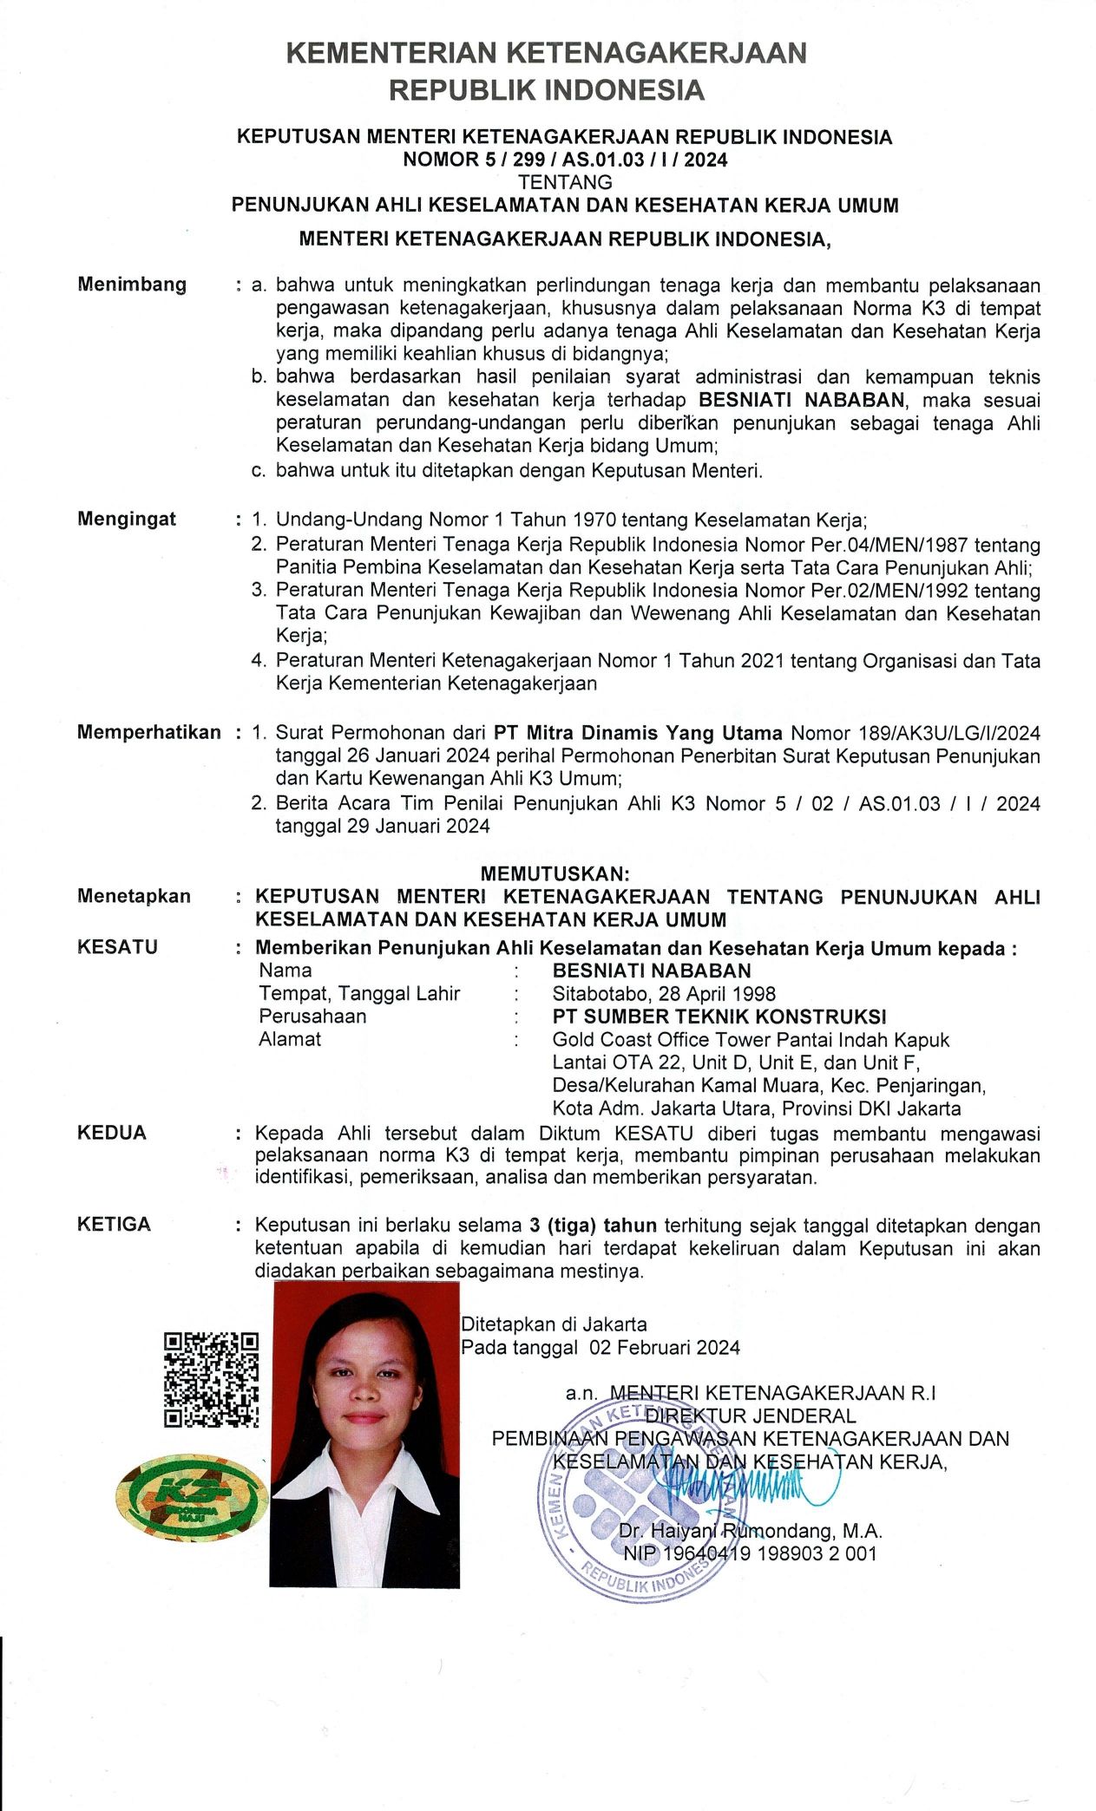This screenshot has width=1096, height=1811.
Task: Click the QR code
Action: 211,1379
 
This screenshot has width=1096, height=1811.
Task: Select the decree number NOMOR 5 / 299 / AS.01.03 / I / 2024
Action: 565,160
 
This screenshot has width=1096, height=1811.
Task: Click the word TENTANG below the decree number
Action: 565,182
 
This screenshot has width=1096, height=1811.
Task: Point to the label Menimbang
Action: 132,284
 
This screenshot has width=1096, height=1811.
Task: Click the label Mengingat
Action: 127,519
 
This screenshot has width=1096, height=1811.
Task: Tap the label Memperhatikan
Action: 148,732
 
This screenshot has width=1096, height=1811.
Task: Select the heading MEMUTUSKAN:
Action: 555,873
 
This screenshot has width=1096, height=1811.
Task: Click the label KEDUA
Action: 112,1133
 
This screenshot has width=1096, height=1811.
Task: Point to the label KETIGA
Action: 114,1225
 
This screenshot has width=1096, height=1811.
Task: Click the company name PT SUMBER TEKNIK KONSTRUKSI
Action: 719,1017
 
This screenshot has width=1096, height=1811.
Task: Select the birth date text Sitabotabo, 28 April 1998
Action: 664,994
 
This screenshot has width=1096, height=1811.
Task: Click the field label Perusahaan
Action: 312,1017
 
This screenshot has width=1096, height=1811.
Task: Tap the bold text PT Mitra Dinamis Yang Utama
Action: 638,733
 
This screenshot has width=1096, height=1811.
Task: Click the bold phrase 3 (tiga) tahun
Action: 593,1226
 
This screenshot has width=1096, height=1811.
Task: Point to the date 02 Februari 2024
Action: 665,1348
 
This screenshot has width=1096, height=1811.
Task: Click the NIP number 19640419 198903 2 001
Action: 770,1553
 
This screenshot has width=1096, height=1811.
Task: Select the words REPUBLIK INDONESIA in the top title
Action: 546,90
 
